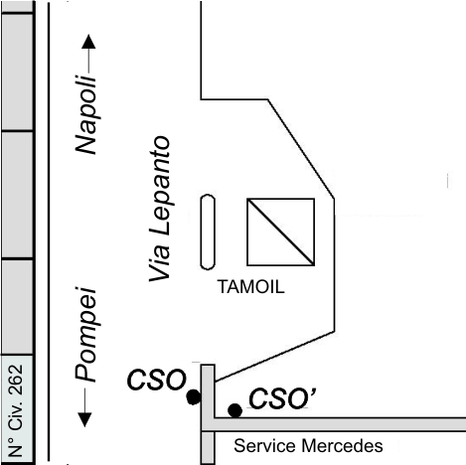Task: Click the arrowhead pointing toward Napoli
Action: [88, 42]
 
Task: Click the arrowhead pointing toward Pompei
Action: [84, 419]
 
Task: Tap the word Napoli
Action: [86, 115]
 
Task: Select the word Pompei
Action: [86, 335]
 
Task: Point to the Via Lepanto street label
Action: [160, 209]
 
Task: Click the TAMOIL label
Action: [251, 287]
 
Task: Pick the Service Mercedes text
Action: [308, 446]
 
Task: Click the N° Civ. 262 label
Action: [16, 411]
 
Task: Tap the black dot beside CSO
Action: [194, 396]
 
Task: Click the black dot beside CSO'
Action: [234, 410]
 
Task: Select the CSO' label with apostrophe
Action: [282, 398]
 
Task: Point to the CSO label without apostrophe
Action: [157, 380]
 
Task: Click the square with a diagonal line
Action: [280, 232]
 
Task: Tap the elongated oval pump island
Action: [208, 232]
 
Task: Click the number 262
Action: [16, 380]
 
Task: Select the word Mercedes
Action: [342, 446]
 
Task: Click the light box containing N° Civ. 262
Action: [17, 408]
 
